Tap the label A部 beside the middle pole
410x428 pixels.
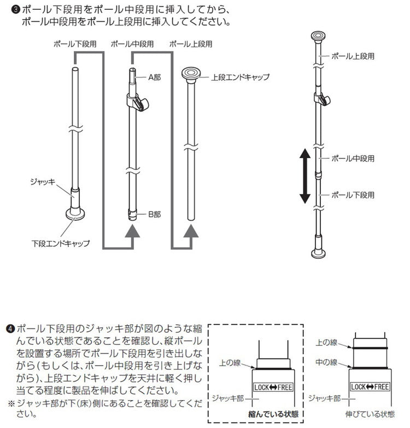click(155, 78)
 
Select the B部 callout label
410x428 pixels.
click(155, 215)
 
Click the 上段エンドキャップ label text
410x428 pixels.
click(240, 77)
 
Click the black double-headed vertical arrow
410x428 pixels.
click(306, 176)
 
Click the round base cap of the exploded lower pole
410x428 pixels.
click(75, 213)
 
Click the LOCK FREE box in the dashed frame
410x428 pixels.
click(273, 387)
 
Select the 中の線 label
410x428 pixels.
click(327, 362)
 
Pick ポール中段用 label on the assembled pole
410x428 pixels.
click(353, 158)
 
